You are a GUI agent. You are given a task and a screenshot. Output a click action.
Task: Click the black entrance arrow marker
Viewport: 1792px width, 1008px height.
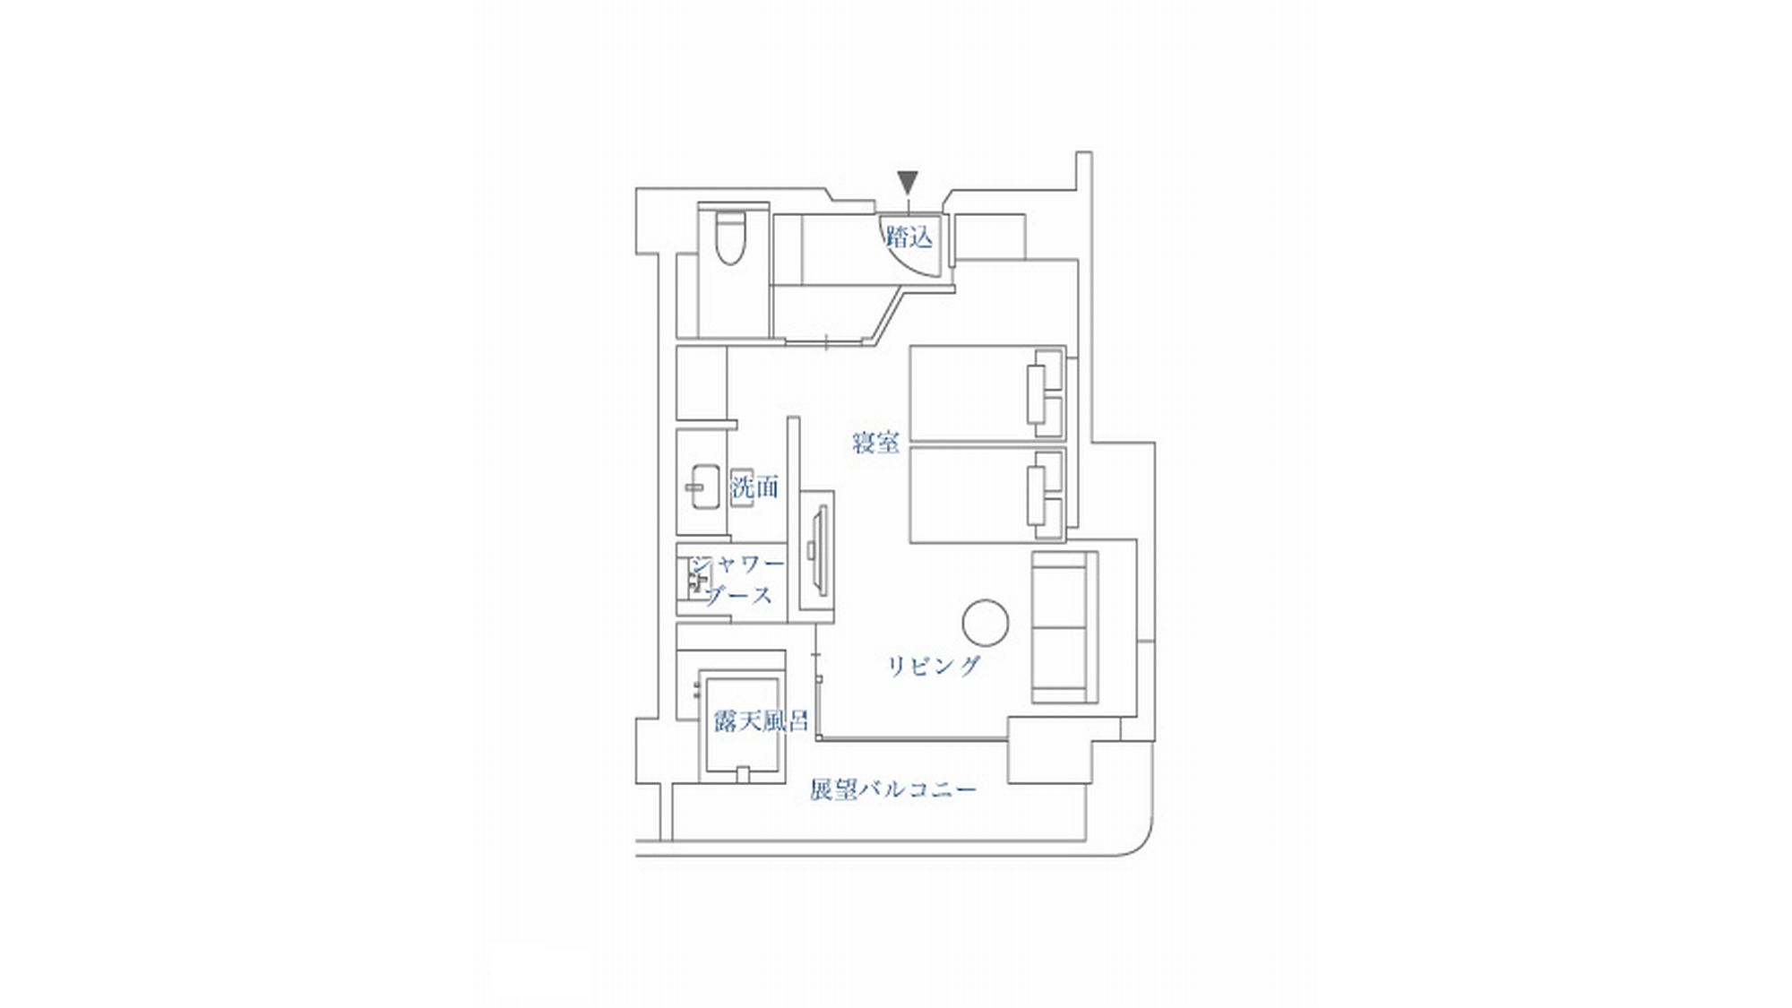point(909,183)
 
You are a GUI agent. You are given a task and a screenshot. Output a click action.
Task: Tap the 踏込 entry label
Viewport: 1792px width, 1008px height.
point(909,237)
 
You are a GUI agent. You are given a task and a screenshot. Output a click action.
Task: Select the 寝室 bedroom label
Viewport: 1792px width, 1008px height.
point(875,443)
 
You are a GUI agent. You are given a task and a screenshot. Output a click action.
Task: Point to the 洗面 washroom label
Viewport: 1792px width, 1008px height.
point(754,487)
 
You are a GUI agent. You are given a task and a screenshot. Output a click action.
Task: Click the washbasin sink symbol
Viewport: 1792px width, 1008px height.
point(703,487)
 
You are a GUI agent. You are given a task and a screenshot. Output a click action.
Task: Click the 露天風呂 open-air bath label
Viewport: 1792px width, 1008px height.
point(760,720)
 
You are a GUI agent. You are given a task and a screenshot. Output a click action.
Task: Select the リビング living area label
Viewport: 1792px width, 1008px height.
point(934,666)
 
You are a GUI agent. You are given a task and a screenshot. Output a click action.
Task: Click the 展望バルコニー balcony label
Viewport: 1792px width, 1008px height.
point(892,790)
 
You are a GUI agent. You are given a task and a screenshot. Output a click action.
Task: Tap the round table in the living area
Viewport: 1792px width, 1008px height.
point(986,622)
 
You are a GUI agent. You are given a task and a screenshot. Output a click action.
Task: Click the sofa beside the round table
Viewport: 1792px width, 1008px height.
point(1064,627)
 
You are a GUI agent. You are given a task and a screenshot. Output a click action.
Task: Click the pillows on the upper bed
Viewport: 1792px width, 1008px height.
point(1045,392)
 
